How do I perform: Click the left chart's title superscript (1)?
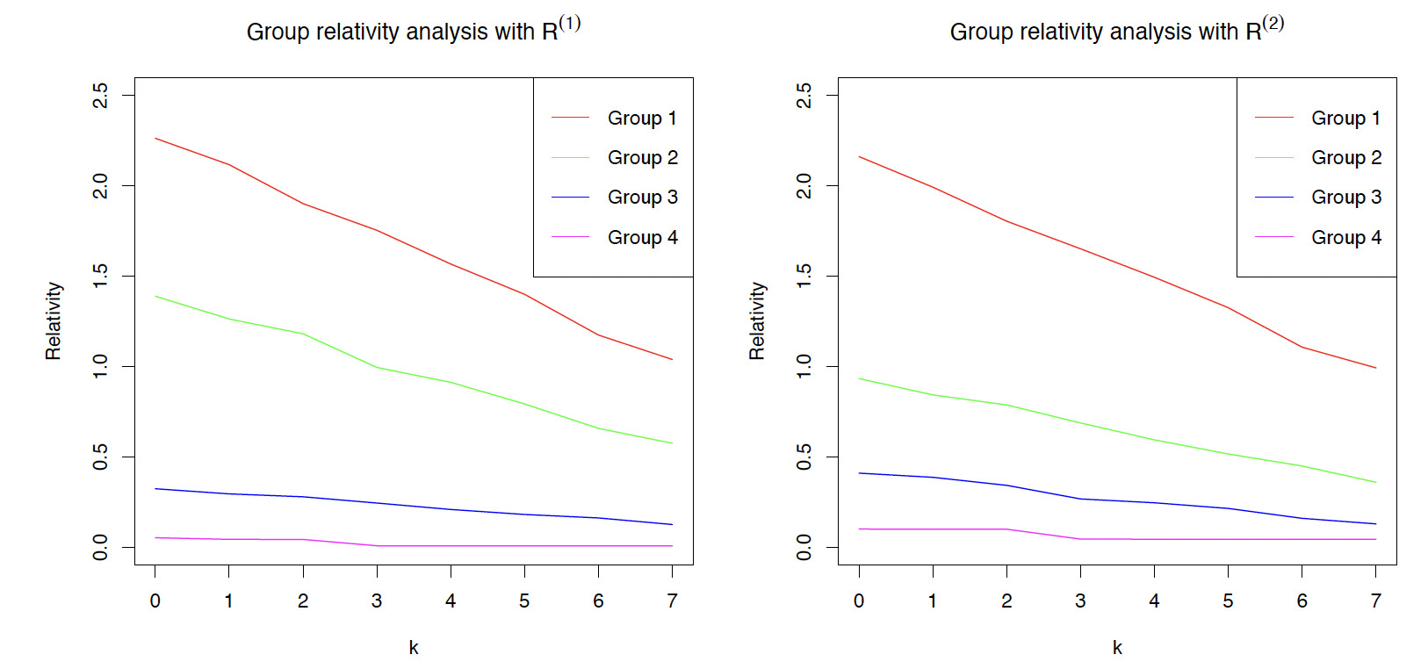pyautogui.click(x=569, y=23)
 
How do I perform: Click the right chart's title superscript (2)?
pyautogui.click(x=1273, y=23)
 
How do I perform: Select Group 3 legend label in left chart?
pyautogui.click(x=642, y=198)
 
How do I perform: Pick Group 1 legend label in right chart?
pyautogui.click(x=1345, y=118)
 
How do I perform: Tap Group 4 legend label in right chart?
pyautogui.click(x=1345, y=237)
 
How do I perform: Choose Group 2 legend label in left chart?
pyautogui.click(x=642, y=158)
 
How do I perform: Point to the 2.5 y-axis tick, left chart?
pyautogui.click(x=101, y=95)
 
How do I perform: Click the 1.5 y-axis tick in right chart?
pyautogui.click(x=804, y=276)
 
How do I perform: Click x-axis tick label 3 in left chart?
pyautogui.click(x=377, y=601)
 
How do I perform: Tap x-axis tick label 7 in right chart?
pyautogui.click(x=1375, y=601)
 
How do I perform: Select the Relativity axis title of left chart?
pyautogui.click(x=54, y=320)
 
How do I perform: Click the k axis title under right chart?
pyautogui.click(x=1117, y=648)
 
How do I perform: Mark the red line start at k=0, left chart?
pyautogui.click(x=155, y=138)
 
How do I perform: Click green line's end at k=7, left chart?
pyautogui.click(x=672, y=443)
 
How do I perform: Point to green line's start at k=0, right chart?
pyautogui.click(x=859, y=378)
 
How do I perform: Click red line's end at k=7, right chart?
pyautogui.click(x=1375, y=368)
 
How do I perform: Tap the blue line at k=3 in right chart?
pyautogui.click(x=1080, y=499)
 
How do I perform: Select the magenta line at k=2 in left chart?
pyautogui.click(x=303, y=539)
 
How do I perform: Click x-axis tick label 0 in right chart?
pyautogui.click(x=859, y=601)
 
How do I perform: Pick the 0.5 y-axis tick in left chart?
pyautogui.click(x=101, y=457)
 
